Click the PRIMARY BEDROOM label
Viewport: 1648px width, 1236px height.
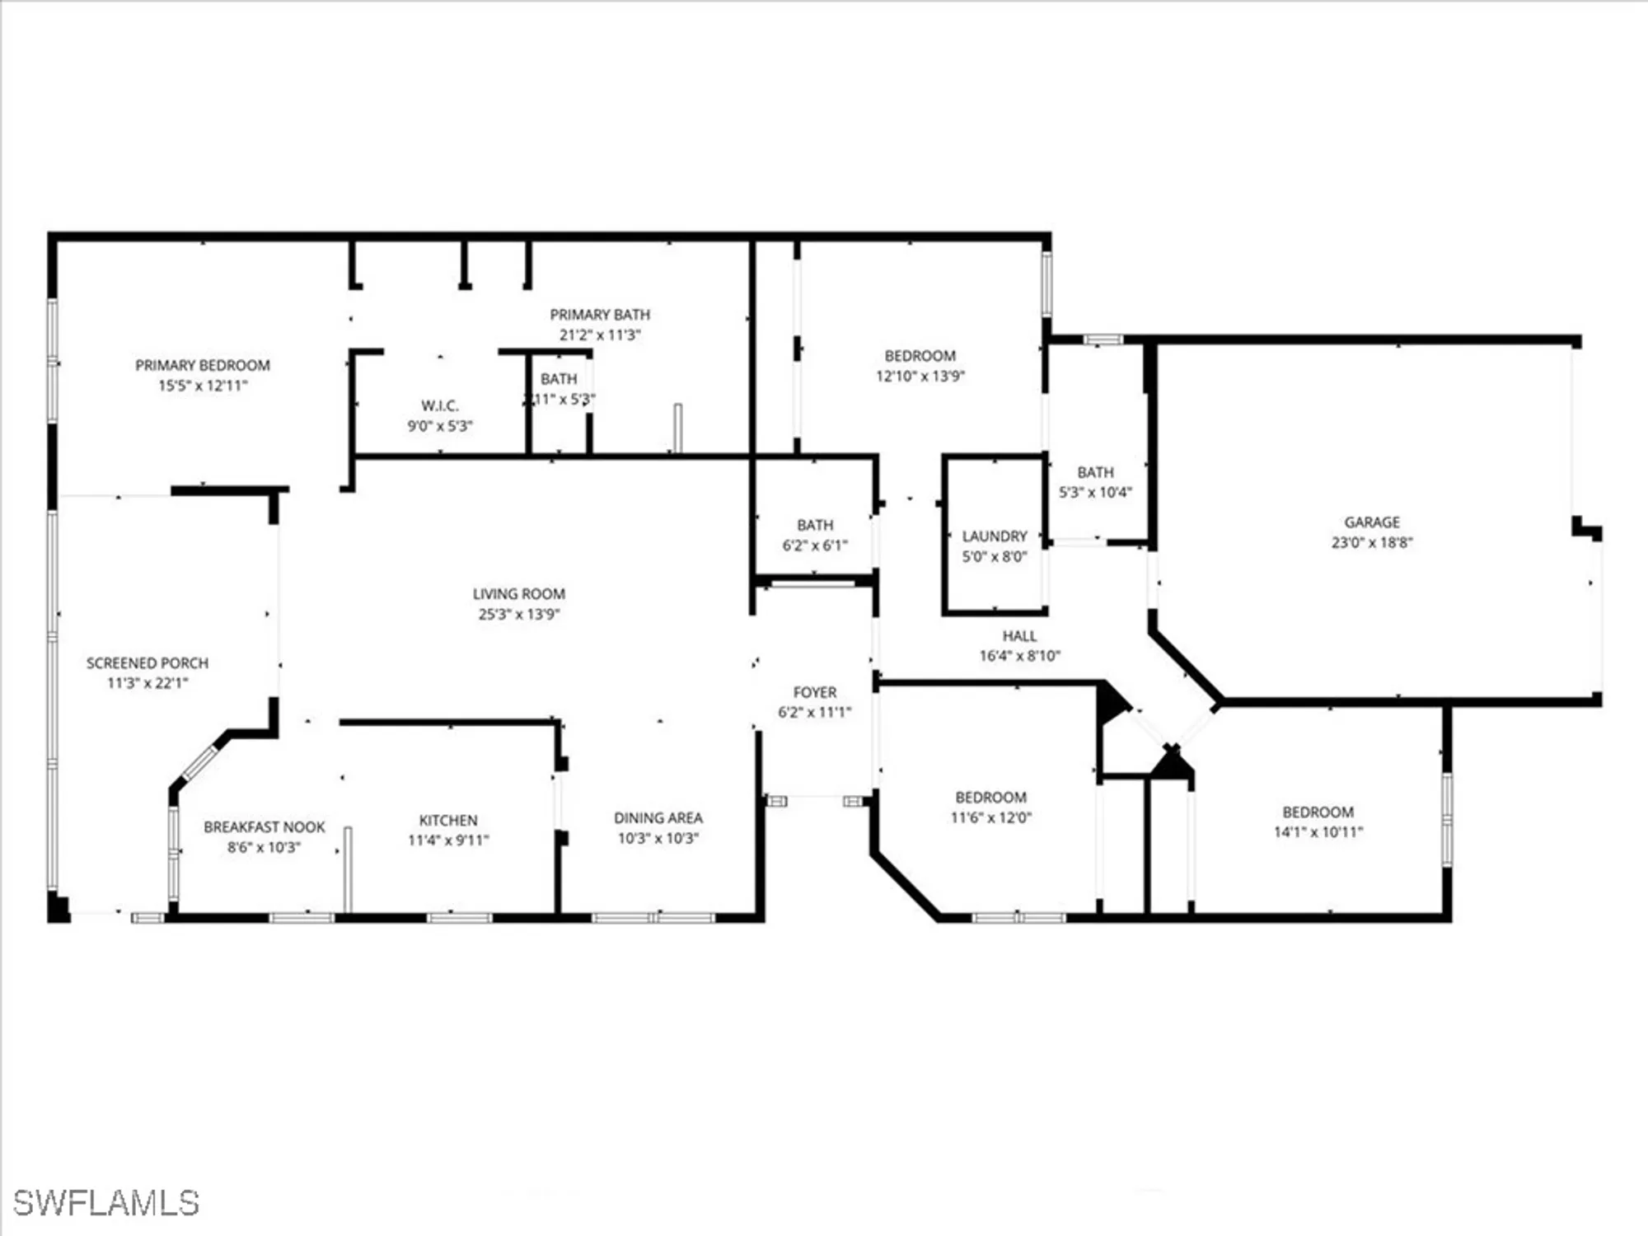pos(203,365)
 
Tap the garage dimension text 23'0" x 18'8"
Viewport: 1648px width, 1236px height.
pos(1372,542)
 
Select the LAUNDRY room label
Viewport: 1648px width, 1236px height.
pos(995,536)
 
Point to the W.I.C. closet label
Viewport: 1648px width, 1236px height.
pos(439,405)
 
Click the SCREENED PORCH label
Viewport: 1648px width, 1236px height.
pos(147,662)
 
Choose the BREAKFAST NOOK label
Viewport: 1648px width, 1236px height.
pos(265,826)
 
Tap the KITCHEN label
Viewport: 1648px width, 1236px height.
pos(448,820)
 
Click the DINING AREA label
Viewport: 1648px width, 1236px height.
pos(658,817)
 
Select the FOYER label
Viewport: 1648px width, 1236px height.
pos(814,692)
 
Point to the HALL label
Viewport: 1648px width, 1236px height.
pos(1019,635)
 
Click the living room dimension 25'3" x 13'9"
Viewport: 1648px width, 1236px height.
pos(518,614)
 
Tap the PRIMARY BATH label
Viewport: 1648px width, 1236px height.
pos(600,315)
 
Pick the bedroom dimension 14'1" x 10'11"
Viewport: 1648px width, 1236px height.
pos(1318,832)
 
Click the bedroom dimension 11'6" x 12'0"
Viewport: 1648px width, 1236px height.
pos(990,817)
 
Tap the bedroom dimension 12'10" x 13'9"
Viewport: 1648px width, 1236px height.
pos(920,376)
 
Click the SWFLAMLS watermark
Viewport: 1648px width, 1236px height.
pos(106,1203)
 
